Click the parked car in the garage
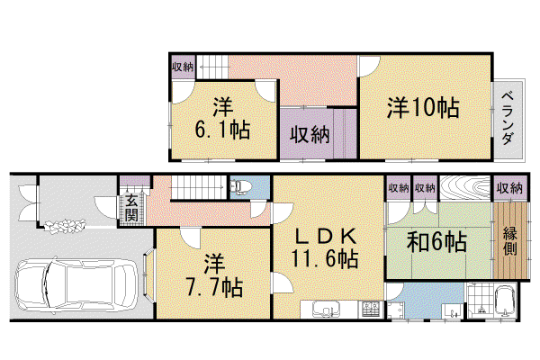pos(76,285)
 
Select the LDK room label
pos(326,236)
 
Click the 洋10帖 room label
pos(423,108)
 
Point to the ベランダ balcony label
pos(508,119)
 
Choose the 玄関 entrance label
pos(131,208)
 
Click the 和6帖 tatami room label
pos(436,241)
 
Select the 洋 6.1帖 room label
pos(222,119)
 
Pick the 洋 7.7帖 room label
pos(214,276)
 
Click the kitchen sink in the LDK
pos(326,309)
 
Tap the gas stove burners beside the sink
pos(370,310)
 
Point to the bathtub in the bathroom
pos(505,302)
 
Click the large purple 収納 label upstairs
pos(310,134)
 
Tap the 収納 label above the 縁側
pos(509,188)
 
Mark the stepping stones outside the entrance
pos(65,226)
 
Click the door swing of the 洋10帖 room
pos(369,66)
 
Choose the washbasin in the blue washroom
pos(450,311)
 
